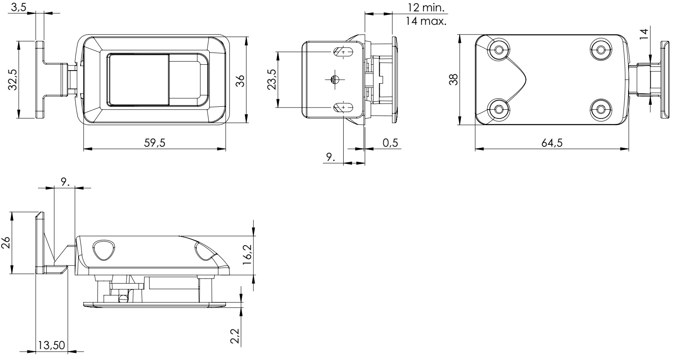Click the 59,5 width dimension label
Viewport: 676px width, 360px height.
[x=155, y=143]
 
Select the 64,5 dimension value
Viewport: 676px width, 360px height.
[x=552, y=143]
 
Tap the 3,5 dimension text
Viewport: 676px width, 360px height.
[x=18, y=7]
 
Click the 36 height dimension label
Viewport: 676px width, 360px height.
[x=240, y=80]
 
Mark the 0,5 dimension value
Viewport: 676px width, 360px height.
[x=390, y=143]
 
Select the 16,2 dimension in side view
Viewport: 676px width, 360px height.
[x=247, y=254]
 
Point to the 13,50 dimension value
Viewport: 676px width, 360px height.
[x=52, y=345]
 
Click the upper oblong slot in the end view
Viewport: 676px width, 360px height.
[x=344, y=52]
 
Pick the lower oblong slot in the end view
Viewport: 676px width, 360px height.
[x=344, y=108]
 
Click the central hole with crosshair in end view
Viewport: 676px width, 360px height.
[x=335, y=79]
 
